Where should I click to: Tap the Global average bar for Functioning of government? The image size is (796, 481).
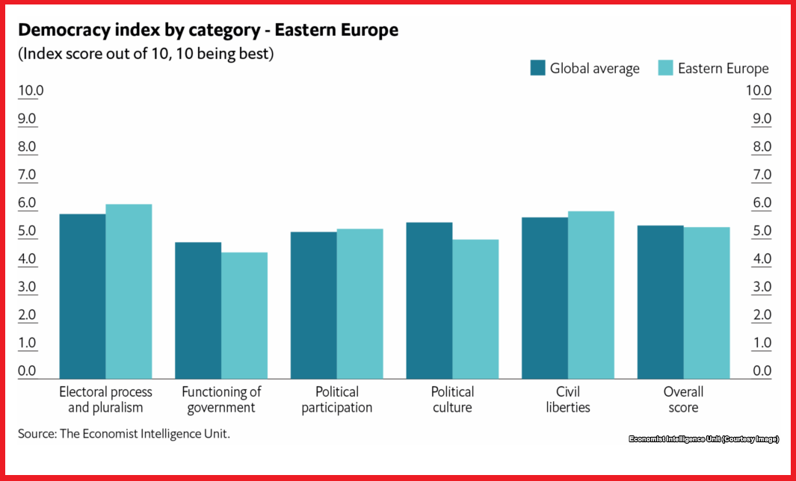tap(198, 310)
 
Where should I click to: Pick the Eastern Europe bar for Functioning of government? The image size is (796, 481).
tap(244, 315)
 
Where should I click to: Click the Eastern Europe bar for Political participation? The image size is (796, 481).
tap(360, 303)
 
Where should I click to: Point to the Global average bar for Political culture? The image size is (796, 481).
tap(429, 300)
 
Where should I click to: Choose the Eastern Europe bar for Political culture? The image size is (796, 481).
tap(475, 308)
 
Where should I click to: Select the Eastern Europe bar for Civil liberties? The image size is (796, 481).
tap(591, 294)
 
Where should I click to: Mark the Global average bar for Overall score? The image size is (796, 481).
tap(661, 302)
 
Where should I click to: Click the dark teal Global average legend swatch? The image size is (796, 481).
tap(538, 68)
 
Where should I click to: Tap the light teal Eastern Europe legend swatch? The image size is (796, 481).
tap(667, 68)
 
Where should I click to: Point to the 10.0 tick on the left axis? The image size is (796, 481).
tap(31, 91)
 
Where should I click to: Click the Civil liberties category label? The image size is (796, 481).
tap(568, 400)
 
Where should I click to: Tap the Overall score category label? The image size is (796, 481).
tap(684, 400)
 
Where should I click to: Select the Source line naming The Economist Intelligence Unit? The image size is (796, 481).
tap(124, 433)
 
